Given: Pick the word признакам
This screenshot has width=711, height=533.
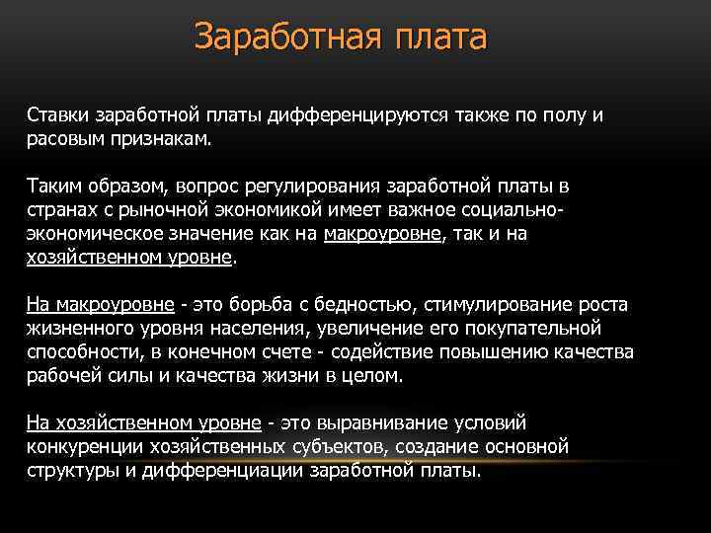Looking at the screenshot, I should (158, 139).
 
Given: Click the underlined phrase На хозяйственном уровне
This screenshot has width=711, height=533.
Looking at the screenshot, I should (143, 423).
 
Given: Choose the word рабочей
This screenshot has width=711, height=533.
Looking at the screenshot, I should (60, 376).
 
